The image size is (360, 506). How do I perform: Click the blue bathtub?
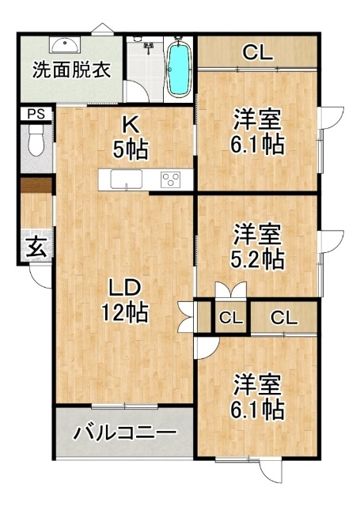pos(179,70)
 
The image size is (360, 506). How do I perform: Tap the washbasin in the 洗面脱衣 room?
pos(65,46)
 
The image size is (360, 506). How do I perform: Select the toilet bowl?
pos(36,141)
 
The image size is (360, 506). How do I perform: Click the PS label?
pos(36,114)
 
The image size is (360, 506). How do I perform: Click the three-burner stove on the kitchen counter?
pos(171,179)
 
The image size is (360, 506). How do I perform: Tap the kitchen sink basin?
pos(127,179)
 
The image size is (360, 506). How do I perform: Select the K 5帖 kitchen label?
pos(131,138)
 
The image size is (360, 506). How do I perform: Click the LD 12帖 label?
pos(126,300)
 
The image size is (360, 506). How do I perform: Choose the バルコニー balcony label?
pos(126,432)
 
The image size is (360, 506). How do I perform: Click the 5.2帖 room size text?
pos(257,259)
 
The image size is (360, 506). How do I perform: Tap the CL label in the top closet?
pos(257,52)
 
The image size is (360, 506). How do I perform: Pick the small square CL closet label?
pos(230,318)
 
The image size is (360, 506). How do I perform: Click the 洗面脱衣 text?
pos(71,69)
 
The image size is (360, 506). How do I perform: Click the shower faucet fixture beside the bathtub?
pos(148,47)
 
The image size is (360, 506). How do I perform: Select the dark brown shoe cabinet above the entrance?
pos(36,185)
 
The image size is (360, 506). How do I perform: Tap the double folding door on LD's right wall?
pos(186,317)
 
